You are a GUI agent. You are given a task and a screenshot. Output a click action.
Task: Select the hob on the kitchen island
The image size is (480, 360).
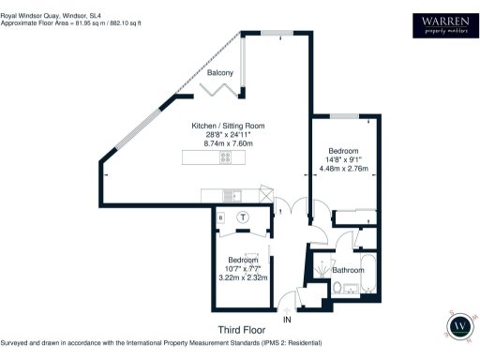(x=226, y=158)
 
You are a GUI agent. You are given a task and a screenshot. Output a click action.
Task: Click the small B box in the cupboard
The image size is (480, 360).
(x=220, y=217)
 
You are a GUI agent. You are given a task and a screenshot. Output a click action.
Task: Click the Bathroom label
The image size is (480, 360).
(x=349, y=270)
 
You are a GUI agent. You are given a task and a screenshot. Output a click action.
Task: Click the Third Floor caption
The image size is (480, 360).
(x=243, y=330)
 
